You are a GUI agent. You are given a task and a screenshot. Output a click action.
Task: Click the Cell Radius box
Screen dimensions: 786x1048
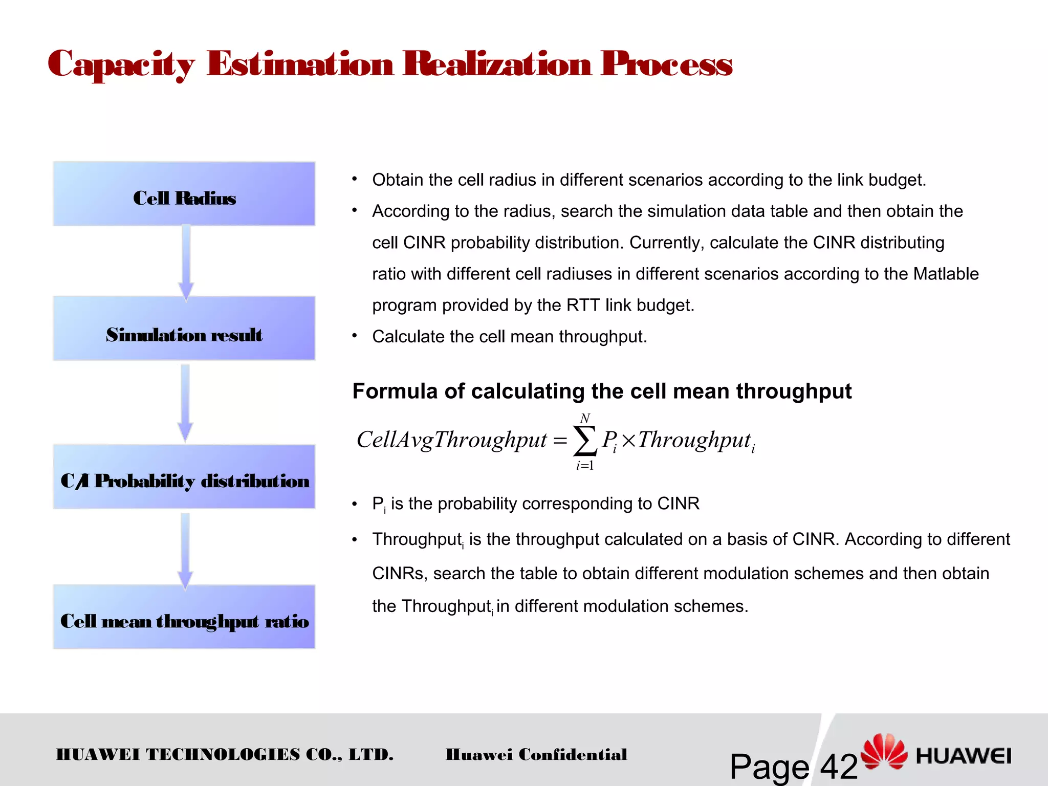[184, 194]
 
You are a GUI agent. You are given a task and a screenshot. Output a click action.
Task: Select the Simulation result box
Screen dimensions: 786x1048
[184, 329]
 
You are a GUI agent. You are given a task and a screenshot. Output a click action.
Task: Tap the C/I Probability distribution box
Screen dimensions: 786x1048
[184, 477]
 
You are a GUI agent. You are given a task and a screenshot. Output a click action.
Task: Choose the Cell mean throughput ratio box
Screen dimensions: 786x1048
[184, 617]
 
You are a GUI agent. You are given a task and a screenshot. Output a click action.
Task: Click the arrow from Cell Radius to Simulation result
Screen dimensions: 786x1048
[186, 261]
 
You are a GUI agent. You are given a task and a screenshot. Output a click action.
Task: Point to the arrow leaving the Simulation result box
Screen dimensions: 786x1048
[185, 402]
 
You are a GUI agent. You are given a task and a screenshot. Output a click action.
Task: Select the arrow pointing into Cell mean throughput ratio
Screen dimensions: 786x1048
[185, 550]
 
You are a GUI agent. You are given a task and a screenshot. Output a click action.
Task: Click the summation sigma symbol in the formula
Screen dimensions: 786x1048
[585, 441]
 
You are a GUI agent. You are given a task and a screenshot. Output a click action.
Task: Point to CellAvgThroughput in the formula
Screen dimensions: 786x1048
[451, 440]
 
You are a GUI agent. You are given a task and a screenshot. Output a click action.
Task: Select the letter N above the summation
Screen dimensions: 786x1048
[585, 418]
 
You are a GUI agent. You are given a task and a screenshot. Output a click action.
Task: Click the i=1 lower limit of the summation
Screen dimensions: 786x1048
[584, 466]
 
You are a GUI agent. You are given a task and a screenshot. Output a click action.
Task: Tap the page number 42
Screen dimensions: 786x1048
[839, 766]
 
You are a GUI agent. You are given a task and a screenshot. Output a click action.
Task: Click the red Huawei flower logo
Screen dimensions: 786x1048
[884, 751]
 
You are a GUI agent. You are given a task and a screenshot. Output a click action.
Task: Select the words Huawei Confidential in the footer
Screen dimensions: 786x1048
[536, 755]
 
